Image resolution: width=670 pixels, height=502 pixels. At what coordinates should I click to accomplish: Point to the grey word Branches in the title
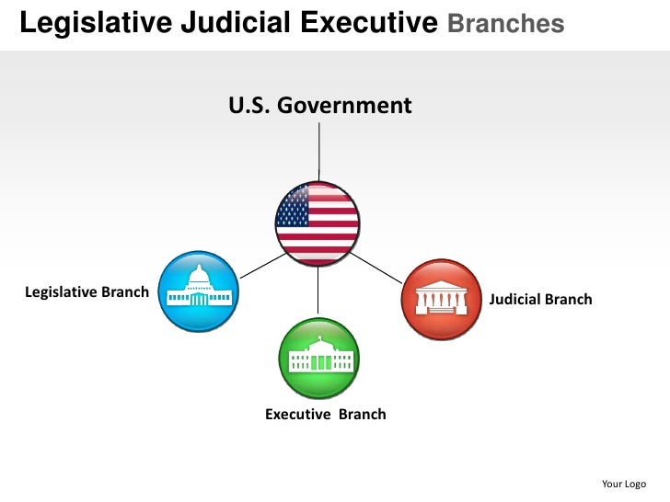point(505,24)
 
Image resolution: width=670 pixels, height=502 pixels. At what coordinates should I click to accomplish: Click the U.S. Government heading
point(319,106)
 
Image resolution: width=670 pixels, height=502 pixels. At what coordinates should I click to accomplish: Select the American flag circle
point(318,223)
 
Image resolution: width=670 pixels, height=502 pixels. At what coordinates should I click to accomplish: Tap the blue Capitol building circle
point(199,291)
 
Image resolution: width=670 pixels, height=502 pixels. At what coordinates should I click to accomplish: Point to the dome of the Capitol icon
point(199,277)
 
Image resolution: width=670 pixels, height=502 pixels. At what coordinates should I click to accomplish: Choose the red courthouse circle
point(441,299)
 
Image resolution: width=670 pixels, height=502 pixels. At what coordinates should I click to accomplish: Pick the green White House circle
point(318,358)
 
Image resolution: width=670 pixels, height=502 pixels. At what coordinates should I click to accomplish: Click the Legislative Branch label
point(87,292)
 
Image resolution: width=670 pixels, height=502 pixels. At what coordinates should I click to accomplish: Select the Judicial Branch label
point(540,300)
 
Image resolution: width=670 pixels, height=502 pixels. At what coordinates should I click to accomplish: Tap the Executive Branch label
point(325,415)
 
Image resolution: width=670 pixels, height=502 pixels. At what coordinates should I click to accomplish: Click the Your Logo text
point(623,484)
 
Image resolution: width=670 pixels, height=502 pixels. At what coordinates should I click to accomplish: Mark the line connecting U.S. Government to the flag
point(319,152)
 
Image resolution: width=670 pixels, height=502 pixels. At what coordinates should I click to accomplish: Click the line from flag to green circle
point(318,292)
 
